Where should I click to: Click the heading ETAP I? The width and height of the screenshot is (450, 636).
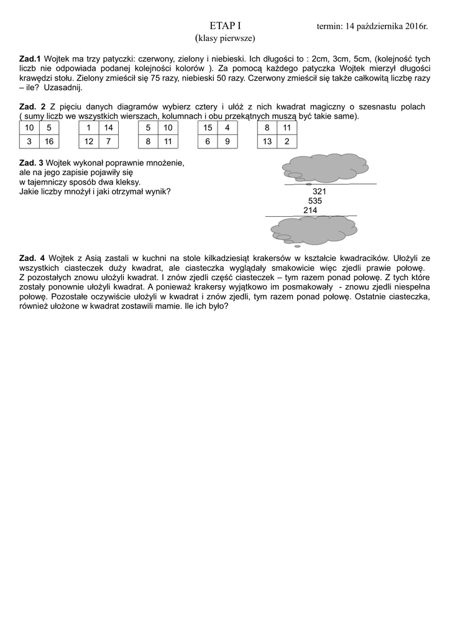(225, 26)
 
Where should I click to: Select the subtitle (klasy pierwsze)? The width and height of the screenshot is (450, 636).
(225, 39)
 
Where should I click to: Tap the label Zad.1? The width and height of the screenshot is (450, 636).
(30, 59)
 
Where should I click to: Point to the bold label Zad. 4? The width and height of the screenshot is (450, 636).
(32, 258)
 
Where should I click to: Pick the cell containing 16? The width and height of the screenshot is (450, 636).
(49, 142)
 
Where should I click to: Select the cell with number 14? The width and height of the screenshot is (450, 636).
(109, 128)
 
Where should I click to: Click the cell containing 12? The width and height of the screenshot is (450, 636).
(89, 142)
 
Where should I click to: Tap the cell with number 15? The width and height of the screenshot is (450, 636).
(208, 128)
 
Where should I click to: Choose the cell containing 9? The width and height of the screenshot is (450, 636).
(227, 142)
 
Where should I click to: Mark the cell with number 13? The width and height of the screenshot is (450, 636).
(267, 142)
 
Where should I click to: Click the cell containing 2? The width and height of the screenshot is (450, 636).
(287, 142)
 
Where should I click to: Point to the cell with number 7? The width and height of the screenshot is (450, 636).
(109, 142)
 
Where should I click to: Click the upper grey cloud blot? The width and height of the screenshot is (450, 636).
(324, 168)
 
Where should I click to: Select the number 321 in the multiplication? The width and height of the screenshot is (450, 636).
(319, 192)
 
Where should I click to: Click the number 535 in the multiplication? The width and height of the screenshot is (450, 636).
(315, 201)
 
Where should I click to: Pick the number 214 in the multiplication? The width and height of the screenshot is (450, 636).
(310, 211)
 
